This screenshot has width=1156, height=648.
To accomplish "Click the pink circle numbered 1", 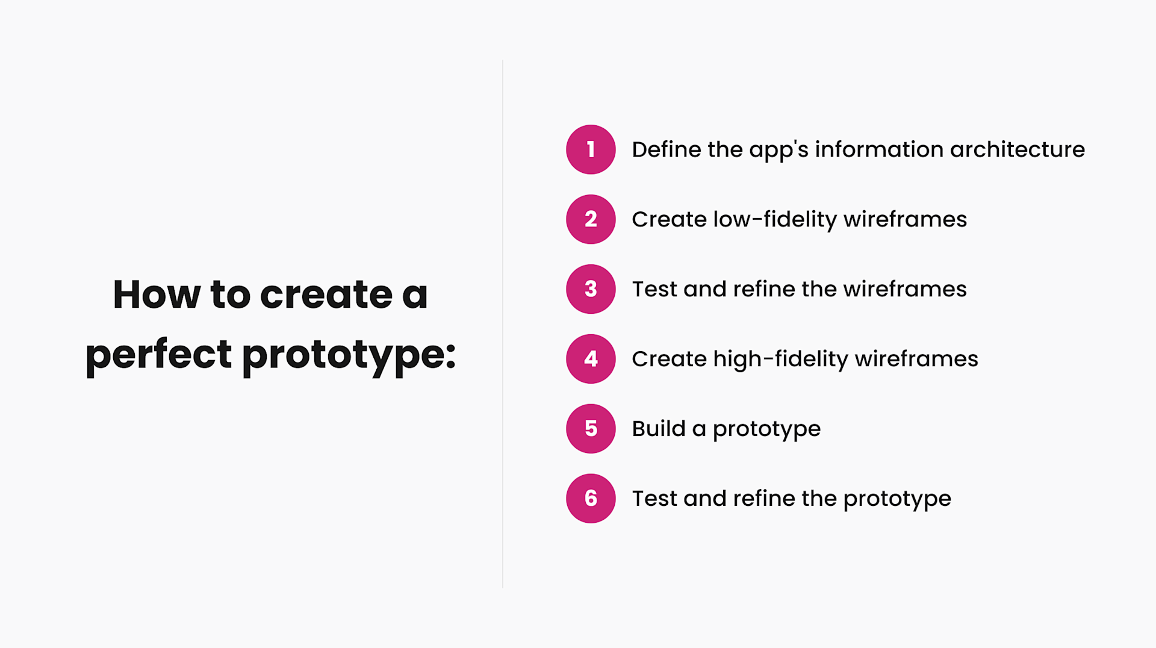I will pyautogui.click(x=591, y=149).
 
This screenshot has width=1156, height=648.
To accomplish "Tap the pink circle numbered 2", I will pyautogui.click(x=591, y=219).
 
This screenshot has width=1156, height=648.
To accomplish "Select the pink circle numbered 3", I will pyautogui.click(x=591, y=289).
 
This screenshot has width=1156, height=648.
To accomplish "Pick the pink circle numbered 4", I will pyautogui.click(x=591, y=359).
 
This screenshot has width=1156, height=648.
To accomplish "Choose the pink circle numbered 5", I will pyautogui.click(x=591, y=429).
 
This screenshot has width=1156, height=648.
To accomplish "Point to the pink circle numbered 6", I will pyautogui.click(x=591, y=499).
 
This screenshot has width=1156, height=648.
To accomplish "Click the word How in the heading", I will pyautogui.click(x=157, y=294).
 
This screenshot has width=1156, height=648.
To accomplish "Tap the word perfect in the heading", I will pyautogui.click(x=158, y=355).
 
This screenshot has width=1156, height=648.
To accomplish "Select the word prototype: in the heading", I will pyautogui.click(x=349, y=355).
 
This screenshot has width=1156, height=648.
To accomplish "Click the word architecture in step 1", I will pyautogui.click(x=1018, y=149).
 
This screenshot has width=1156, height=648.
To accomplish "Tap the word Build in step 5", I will pyautogui.click(x=659, y=429).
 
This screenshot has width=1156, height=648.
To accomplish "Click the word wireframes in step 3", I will pyautogui.click(x=905, y=289).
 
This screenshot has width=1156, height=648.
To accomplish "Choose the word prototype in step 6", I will pyautogui.click(x=897, y=499).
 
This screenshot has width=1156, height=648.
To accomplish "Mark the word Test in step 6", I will pyautogui.click(x=654, y=499).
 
